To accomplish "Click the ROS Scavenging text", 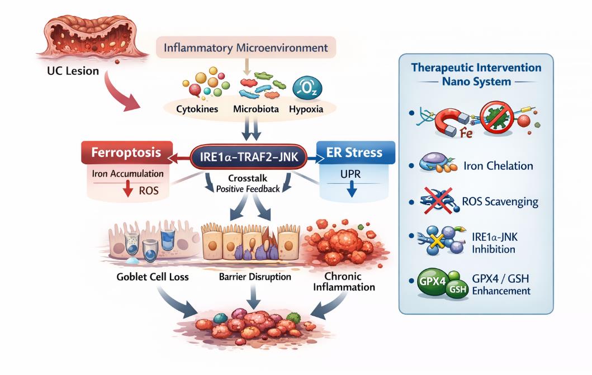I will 501,201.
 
